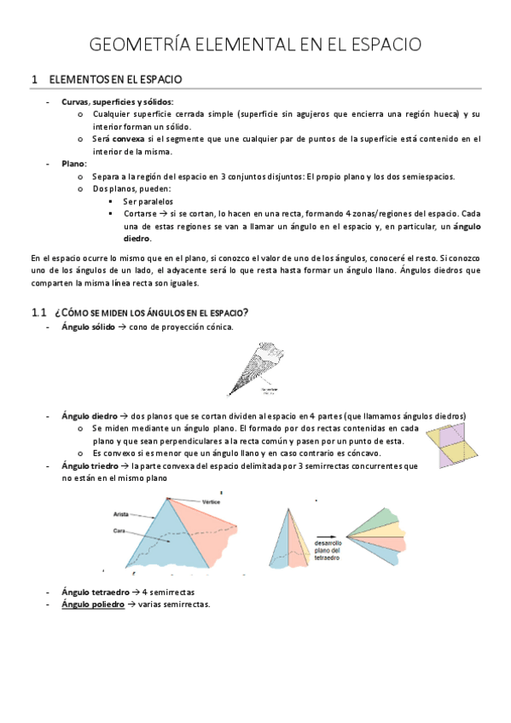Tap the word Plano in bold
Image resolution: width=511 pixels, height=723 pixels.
click(x=73, y=163)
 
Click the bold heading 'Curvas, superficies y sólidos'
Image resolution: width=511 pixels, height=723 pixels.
click(x=106, y=101)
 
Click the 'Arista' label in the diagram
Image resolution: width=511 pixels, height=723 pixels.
click(x=120, y=514)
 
